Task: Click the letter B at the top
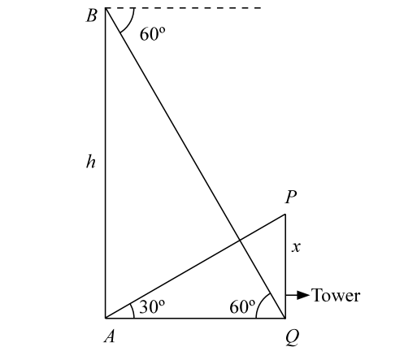coord(92,15)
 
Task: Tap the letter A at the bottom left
coord(110,336)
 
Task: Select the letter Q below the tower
coord(293,338)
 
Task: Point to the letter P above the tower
coord(291,197)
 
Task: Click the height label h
coord(91,161)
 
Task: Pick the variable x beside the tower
coord(296,247)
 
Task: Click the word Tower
coord(336,295)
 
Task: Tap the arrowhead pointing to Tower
coord(303,295)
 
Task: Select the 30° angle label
coord(152,307)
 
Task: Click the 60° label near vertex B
coord(152,34)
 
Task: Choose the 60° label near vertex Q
coord(242,307)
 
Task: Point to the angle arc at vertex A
coord(132,310)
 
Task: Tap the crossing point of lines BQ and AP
coord(240,240)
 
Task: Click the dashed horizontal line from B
coord(183,8)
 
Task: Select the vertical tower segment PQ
coord(285,266)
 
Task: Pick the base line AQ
coord(195,318)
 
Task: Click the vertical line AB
coord(106,163)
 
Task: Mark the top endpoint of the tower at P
coord(285,215)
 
